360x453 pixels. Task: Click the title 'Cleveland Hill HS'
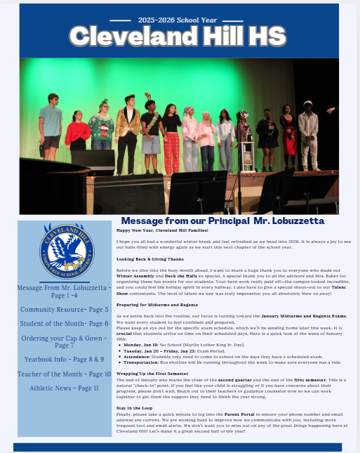(179, 36)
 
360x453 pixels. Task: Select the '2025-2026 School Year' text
(180, 14)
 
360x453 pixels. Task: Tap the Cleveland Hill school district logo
(64, 251)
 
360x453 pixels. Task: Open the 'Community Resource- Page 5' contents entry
(64, 309)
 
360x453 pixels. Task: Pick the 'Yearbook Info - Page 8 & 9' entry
(64, 358)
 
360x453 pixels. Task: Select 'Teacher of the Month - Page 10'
(64, 374)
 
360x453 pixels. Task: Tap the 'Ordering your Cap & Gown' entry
(64, 341)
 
